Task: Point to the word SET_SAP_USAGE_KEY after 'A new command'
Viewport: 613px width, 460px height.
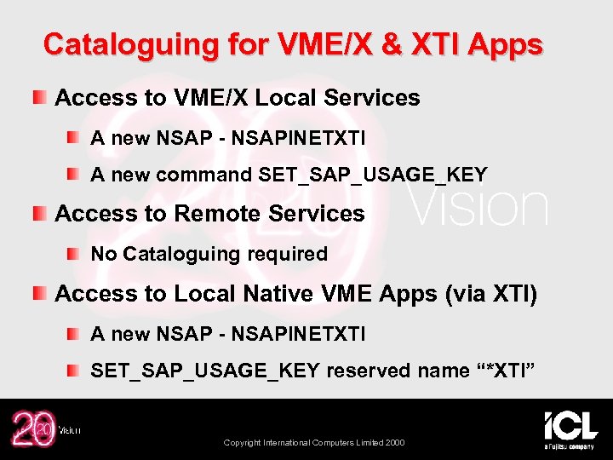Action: click(372, 175)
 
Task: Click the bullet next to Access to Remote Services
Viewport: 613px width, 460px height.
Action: click(40, 213)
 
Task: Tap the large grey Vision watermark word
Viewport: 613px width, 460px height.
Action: click(480, 207)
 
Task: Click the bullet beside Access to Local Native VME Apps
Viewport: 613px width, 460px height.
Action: click(40, 293)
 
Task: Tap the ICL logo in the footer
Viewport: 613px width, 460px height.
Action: click(570, 428)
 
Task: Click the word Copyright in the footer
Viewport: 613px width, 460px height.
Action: click(243, 443)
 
